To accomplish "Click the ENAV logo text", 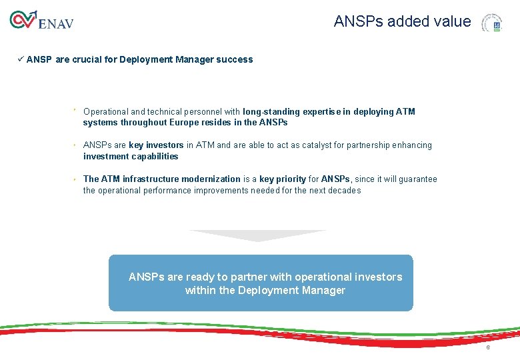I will pyautogui.click(x=56, y=23).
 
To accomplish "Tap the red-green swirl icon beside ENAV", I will pyautogui.click(x=23, y=20).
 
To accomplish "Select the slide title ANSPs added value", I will pyautogui.click(x=402, y=21).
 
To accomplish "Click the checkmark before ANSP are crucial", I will pyautogui.click(x=21, y=59).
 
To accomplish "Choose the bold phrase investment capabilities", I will pyautogui.click(x=131, y=157).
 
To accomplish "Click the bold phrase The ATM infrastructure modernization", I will pyautogui.click(x=161, y=179).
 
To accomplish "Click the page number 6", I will pyautogui.click(x=487, y=348).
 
